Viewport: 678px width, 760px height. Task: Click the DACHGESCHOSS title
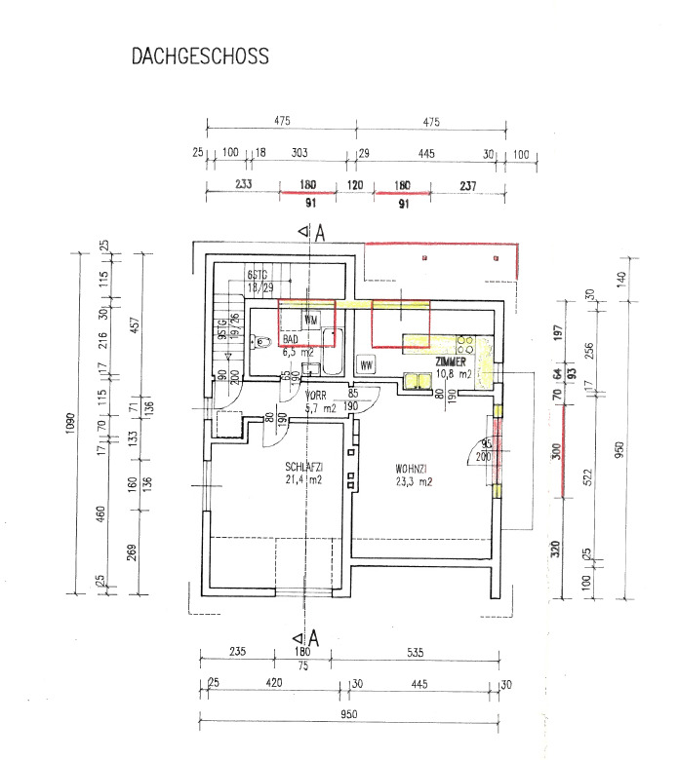pyautogui.click(x=199, y=57)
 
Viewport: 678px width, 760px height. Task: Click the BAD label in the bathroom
pyautogui.click(x=291, y=339)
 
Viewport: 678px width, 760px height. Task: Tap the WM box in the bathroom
pyautogui.click(x=310, y=320)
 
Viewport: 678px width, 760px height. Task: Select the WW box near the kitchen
pyautogui.click(x=368, y=365)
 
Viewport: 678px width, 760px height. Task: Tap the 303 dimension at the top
pyautogui.click(x=299, y=153)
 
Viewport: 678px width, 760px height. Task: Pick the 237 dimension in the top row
pyautogui.click(x=468, y=184)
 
